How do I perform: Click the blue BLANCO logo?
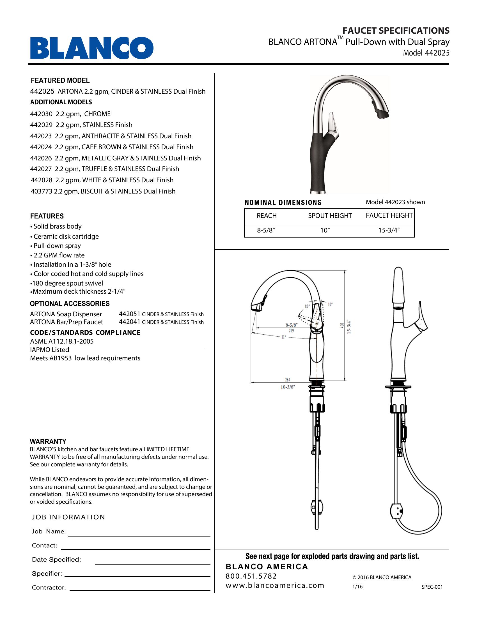pos(92,48)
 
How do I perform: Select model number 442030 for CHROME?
pos(41,114)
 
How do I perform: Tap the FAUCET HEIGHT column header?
pos(389,216)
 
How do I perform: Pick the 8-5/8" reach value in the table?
pos(266,230)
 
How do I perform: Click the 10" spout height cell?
pos(325,230)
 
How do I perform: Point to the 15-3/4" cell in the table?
pos(389,230)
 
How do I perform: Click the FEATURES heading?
pos(47,216)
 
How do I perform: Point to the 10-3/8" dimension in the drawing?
pos(288,387)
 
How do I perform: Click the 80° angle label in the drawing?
pos(307,306)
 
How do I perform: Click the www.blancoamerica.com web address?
pos(275,585)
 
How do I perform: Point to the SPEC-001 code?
pos(432,587)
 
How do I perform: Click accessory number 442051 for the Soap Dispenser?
pos(129,314)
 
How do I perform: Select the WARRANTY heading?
pos(48,441)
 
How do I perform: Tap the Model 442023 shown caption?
pos(395,202)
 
